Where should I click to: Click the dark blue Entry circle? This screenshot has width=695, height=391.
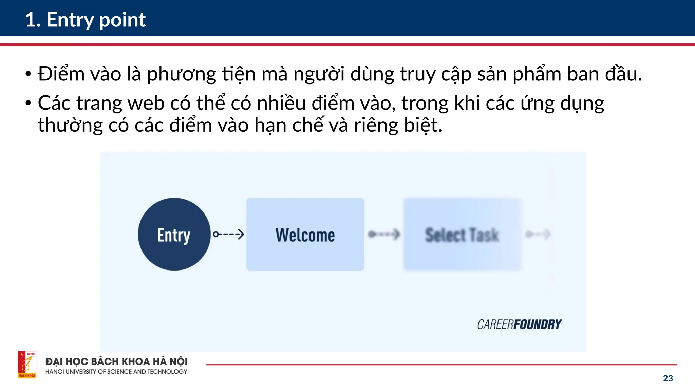point(174,234)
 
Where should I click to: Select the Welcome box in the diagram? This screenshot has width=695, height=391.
point(305,234)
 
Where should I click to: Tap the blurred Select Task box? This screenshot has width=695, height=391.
point(462,234)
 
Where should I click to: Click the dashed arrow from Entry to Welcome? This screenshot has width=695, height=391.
point(228,234)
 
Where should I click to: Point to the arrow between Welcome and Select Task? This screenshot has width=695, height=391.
point(384,234)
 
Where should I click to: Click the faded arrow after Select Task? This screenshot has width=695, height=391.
point(538,234)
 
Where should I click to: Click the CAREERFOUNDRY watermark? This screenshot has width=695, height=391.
point(519,324)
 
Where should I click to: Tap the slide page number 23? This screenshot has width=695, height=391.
point(668,378)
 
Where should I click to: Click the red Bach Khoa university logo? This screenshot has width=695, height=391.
point(27,365)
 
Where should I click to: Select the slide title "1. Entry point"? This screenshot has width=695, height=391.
point(86,20)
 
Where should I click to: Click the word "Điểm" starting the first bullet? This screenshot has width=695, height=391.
point(61,74)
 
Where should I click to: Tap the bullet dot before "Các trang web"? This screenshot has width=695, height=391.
point(28,103)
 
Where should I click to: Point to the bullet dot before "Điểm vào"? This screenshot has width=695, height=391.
point(28,74)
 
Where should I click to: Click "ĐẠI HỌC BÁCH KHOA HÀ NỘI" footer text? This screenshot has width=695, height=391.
point(116,361)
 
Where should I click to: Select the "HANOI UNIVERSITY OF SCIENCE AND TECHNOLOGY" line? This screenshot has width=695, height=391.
point(116,372)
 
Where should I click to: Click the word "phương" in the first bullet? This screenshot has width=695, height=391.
point(182,74)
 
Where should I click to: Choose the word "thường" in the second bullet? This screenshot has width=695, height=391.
point(70,125)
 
